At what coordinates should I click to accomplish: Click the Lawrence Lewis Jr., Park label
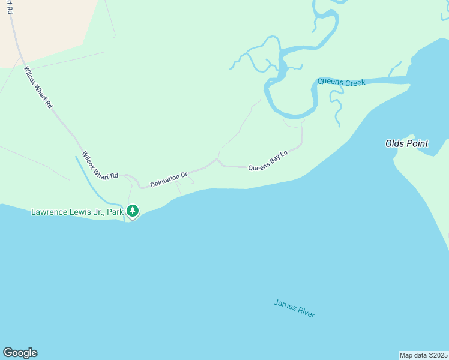pos(77,212)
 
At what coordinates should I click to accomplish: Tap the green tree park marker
pos(132,211)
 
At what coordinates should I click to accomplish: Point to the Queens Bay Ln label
pos(268,160)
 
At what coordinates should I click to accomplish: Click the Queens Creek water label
pos(341,82)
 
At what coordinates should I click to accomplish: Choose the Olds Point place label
pos(406,143)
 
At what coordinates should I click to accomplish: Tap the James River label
pos(294,308)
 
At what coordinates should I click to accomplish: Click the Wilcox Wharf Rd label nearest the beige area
pos(38,87)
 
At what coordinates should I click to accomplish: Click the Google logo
pos(20,353)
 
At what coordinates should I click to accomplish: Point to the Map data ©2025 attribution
pos(423,355)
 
